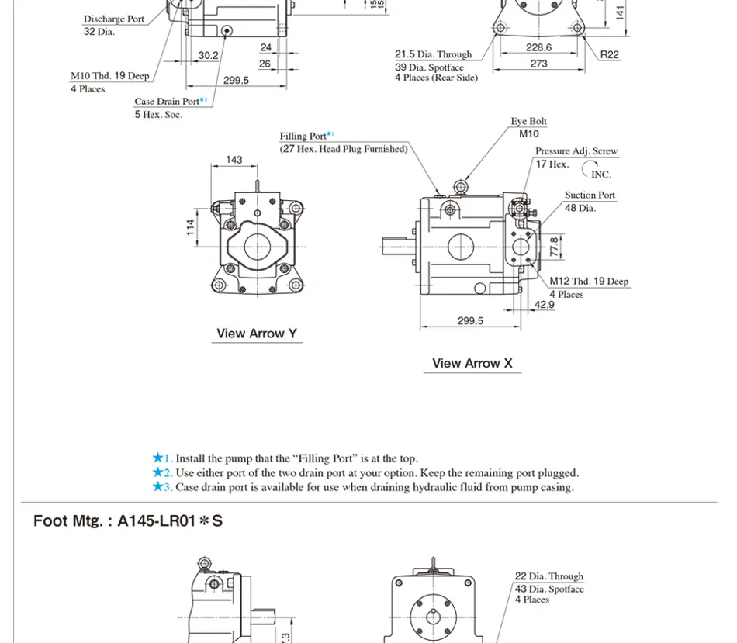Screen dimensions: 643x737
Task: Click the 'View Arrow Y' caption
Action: pyautogui.click(x=256, y=334)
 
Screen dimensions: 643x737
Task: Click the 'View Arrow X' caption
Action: pyautogui.click(x=472, y=363)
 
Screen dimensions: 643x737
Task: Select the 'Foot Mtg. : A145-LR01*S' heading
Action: pyautogui.click(x=128, y=520)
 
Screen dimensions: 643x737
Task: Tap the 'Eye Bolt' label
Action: pyautogui.click(x=528, y=122)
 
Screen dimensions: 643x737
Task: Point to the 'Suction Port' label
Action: pyautogui.click(x=590, y=195)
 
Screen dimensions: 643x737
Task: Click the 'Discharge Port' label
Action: pyautogui.click(x=114, y=19)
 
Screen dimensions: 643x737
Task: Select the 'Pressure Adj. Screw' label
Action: pyautogui.click(x=576, y=151)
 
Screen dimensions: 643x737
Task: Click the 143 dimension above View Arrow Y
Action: pyautogui.click(x=234, y=160)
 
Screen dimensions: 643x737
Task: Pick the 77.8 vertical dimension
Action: pyautogui.click(x=554, y=247)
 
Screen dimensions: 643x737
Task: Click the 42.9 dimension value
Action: pyautogui.click(x=545, y=305)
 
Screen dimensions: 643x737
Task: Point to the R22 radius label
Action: pyautogui.click(x=610, y=54)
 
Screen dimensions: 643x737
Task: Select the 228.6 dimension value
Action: pyautogui.click(x=538, y=47)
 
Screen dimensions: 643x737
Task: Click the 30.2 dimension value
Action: pyautogui.click(x=208, y=55)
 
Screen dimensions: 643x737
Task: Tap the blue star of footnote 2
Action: pyautogui.click(x=158, y=472)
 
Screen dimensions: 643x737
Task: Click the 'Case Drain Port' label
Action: pyautogui.click(x=167, y=102)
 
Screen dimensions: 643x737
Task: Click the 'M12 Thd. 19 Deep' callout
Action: pyautogui.click(x=589, y=282)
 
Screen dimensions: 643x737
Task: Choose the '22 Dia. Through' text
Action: pyautogui.click(x=548, y=576)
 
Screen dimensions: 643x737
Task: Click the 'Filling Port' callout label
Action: pyautogui.click(x=303, y=137)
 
